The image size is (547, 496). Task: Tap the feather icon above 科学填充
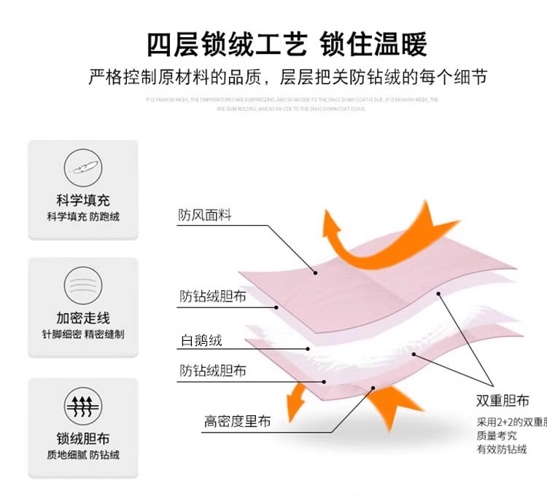point(83,168)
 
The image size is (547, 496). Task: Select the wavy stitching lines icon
point(83,285)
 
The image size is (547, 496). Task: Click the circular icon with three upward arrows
point(83,406)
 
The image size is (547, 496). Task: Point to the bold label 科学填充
point(83,200)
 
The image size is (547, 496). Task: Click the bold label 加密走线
point(83,318)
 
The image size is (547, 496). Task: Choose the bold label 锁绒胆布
point(83,438)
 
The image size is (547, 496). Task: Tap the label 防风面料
point(204,216)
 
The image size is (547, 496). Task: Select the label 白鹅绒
point(201,340)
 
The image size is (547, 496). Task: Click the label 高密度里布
point(237,421)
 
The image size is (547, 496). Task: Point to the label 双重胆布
point(503,401)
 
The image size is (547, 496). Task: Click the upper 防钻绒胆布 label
point(213,296)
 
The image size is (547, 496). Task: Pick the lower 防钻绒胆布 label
point(213,371)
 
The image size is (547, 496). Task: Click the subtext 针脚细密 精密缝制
point(83,335)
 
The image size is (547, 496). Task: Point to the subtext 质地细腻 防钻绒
point(83,455)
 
